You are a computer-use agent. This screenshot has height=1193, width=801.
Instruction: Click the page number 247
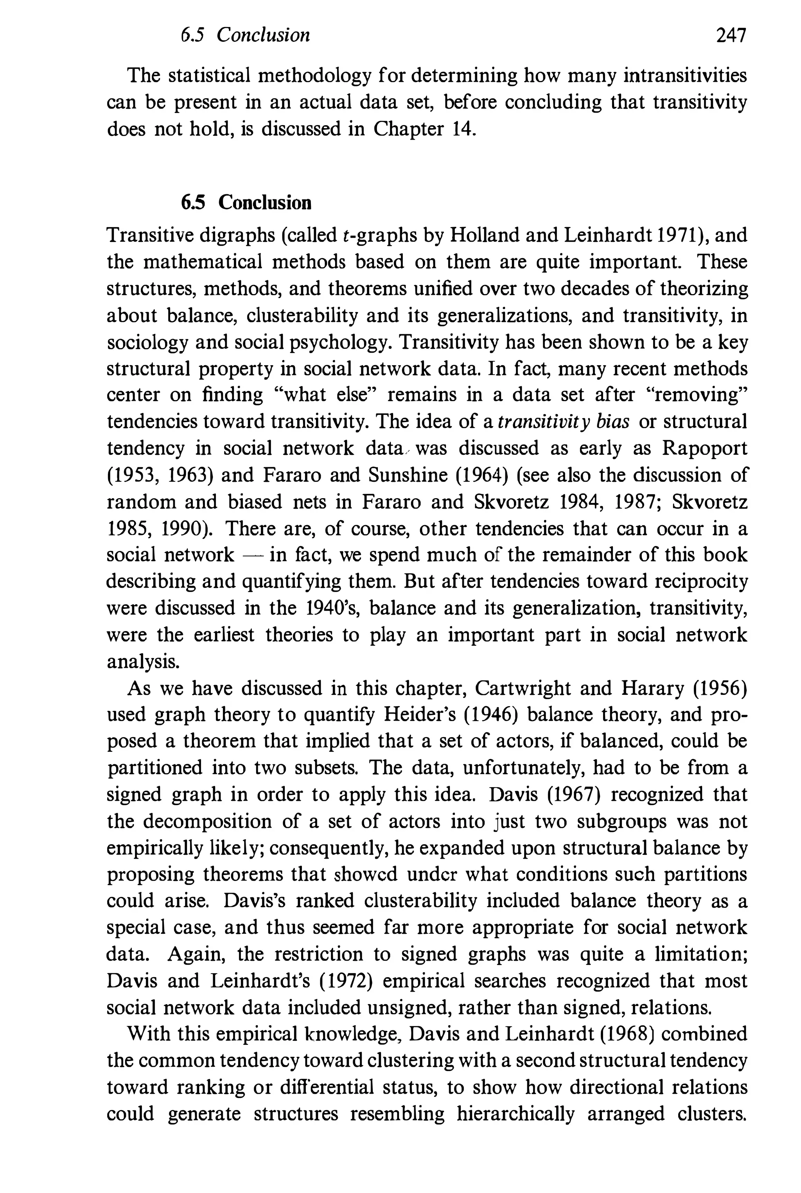[x=731, y=35]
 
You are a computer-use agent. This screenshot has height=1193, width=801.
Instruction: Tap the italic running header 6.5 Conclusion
[x=245, y=35]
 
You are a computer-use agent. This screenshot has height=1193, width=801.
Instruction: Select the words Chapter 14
[x=425, y=129]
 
